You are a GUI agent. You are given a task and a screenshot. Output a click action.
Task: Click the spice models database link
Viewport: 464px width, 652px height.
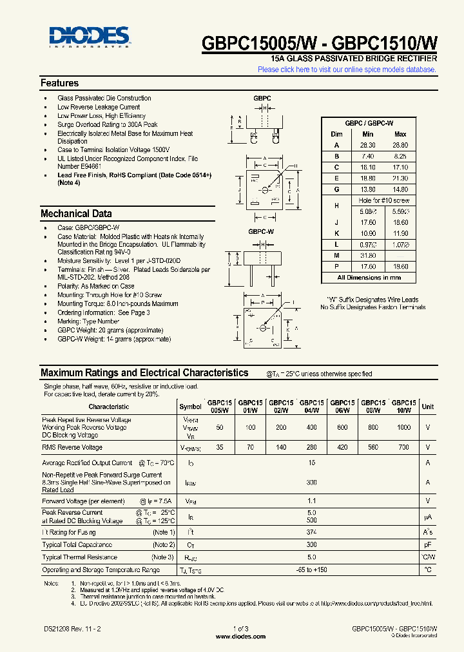tap(347, 70)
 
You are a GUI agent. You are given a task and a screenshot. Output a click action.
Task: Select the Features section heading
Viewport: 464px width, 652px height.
tap(59, 83)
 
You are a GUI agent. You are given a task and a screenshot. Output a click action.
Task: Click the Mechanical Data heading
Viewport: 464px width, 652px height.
tap(76, 214)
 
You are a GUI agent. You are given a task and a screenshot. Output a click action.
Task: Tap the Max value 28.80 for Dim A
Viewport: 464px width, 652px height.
tap(400, 146)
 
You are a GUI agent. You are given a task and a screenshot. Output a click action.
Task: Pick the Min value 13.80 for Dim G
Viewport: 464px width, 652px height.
tap(367, 189)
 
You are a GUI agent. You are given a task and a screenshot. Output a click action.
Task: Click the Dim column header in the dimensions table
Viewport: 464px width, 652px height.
tap(336, 134)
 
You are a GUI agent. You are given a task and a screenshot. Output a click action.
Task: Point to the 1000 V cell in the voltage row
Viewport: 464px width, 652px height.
tap(403, 427)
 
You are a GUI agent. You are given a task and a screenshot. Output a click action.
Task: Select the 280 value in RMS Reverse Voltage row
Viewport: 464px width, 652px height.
tap(311, 447)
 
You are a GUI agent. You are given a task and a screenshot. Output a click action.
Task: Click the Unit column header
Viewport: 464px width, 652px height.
tap(428, 407)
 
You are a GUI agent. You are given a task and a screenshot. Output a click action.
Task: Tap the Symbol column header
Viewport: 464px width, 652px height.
tap(190, 407)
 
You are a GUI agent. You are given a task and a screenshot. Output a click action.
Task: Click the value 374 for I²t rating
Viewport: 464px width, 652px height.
tap(311, 532)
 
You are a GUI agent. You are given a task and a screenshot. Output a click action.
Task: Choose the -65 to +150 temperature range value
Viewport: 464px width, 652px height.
tap(311, 570)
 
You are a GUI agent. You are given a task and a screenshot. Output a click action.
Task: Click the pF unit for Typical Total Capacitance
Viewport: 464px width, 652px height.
tap(428, 544)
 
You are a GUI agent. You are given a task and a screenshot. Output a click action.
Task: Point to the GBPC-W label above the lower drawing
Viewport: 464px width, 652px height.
tap(262, 231)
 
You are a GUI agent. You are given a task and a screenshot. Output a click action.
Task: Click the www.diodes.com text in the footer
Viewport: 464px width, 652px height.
tap(240, 637)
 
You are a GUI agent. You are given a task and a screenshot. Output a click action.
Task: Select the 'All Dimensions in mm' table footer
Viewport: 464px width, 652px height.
tap(369, 278)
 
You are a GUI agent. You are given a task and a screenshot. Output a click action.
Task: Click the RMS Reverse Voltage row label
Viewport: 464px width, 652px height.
tap(72, 447)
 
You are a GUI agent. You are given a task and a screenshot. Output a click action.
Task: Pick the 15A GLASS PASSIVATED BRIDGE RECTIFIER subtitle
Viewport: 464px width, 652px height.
tap(354, 59)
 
